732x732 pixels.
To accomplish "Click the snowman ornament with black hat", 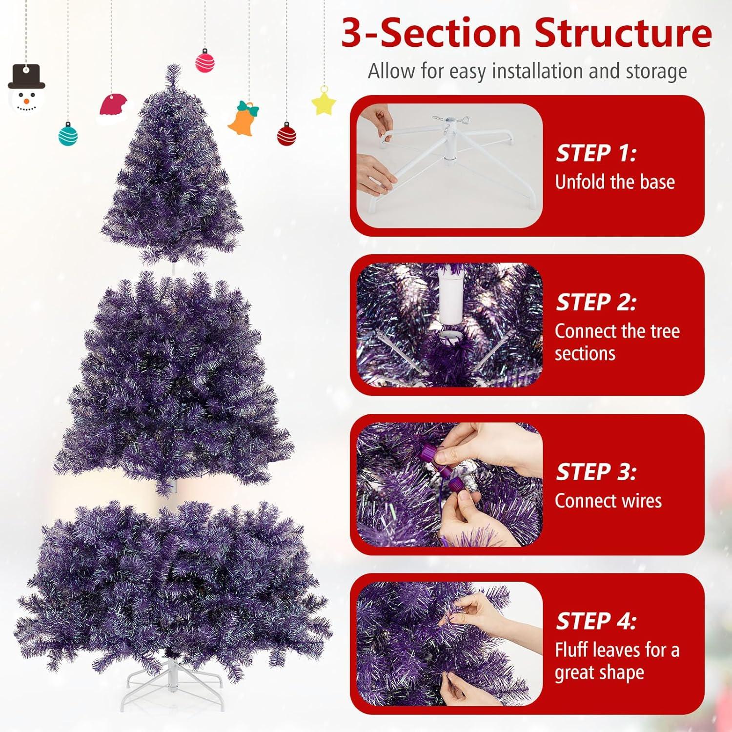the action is [x=26, y=88].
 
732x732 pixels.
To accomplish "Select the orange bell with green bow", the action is [x=244, y=118].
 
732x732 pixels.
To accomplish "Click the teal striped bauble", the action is [x=68, y=134].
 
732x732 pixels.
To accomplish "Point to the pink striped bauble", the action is [x=205, y=61].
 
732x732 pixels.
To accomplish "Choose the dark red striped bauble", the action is [x=286, y=134].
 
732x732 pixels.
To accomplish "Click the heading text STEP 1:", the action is [x=596, y=153].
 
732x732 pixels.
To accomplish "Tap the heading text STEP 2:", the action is [x=596, y=303].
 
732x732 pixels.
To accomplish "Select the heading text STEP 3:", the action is [x=596, y=472].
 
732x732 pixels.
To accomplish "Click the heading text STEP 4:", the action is [x=596, y=621].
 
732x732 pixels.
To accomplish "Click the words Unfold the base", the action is [x=615, y=182].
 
